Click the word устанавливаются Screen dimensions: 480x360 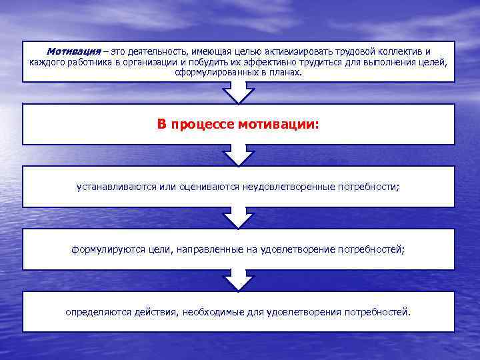pyautogui.click(x=117, y=187)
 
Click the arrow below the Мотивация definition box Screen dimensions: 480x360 pyautogui.click(x=238, y=93)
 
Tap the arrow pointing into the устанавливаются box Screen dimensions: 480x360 pyautogui.click(x=238, y=155)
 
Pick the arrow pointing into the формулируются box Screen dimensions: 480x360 pyautogui.click(x=238, y=218)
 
